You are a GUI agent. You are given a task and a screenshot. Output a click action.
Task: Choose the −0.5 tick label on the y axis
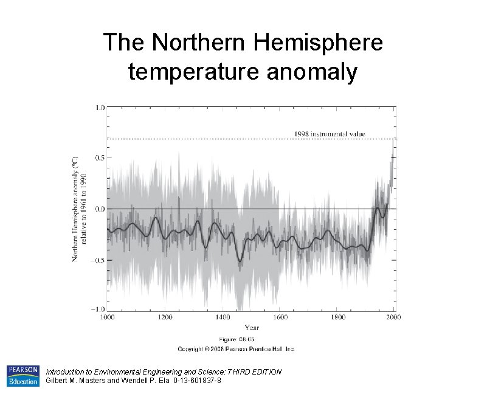point(98,260)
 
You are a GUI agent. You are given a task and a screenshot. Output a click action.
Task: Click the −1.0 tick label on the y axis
point(98,310)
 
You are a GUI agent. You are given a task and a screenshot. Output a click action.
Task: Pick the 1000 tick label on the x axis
point(107,317)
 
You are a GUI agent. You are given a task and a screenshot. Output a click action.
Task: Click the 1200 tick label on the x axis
point(165,317)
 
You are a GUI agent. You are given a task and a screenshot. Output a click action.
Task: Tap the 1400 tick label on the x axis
point(223,317)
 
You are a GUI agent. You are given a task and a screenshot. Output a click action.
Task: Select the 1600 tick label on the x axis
point(280,317)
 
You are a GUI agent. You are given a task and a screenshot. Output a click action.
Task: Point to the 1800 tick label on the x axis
point(338,317)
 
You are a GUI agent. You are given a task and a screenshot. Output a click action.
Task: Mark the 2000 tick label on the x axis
point(395,317)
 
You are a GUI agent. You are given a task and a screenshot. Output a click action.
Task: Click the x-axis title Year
point(251,328)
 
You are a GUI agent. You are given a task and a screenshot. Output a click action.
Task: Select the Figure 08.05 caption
point(236,339)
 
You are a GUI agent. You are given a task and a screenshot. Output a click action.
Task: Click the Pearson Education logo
point(22,376)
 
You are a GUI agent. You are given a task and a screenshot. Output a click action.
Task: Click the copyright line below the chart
point(236,349)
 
